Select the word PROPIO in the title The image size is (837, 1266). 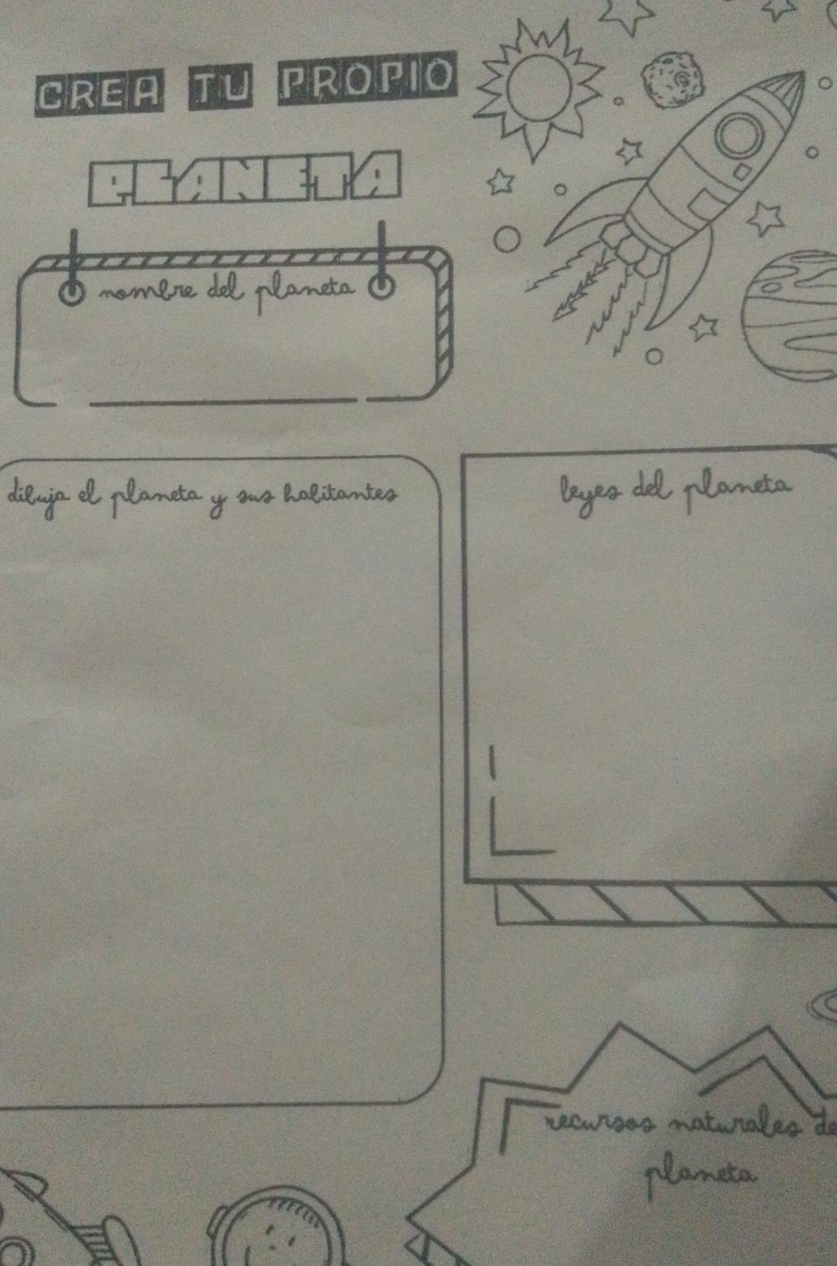366,79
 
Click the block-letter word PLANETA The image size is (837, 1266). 244,178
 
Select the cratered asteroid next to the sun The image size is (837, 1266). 673,79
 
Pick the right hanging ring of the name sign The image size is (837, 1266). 381,288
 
